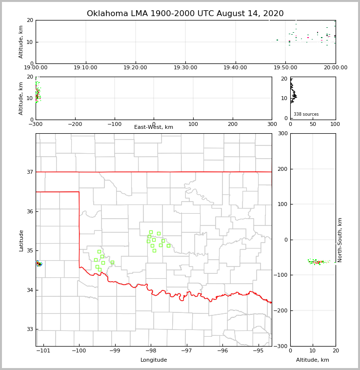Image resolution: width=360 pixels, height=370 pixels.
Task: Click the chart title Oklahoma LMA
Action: (185, 14)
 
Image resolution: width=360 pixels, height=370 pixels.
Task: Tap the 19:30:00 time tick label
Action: (185, 67)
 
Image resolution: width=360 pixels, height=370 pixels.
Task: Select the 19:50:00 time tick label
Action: (285, 67)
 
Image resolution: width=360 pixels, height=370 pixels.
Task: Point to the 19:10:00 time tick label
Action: (86, 67)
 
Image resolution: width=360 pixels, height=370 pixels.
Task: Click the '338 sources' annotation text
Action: (306, 114)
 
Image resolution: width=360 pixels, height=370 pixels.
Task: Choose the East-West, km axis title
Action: (154, 127)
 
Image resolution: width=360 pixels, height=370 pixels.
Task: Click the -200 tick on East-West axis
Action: (75, 124)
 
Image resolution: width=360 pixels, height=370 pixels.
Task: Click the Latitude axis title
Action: (21, 240)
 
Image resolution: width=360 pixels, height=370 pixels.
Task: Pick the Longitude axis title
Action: (154, 360)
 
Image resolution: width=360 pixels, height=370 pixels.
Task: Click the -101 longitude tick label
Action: (43, 350)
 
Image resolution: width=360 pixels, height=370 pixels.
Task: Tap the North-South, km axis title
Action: (340, 240)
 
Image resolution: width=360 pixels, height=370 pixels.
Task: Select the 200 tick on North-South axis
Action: (282, 169)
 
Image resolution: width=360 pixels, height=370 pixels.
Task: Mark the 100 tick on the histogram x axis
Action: (335, 124)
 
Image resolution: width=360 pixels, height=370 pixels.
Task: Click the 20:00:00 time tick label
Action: (335, 67)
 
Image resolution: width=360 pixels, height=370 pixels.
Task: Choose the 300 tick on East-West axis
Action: (272, 124)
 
